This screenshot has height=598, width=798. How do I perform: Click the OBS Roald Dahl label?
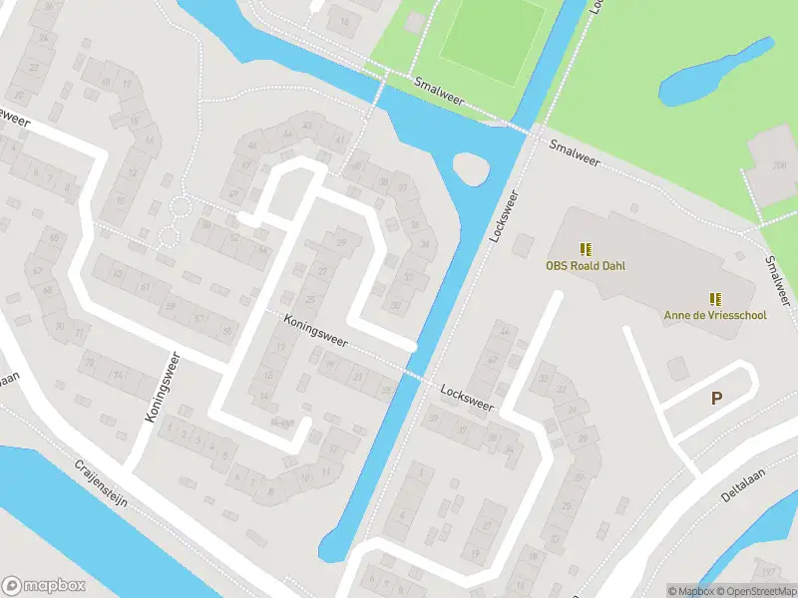coord(584,266)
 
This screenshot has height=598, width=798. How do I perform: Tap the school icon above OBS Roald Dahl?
coord(585,248)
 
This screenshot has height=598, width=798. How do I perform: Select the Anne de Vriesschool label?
coord(715,315)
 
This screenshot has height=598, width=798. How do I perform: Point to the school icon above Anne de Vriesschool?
coord(715,298)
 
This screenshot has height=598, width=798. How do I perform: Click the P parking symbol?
coord(716,399)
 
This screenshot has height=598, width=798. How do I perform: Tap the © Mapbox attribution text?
coord(691,591)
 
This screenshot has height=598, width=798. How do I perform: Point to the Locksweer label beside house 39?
coord(467,399)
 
